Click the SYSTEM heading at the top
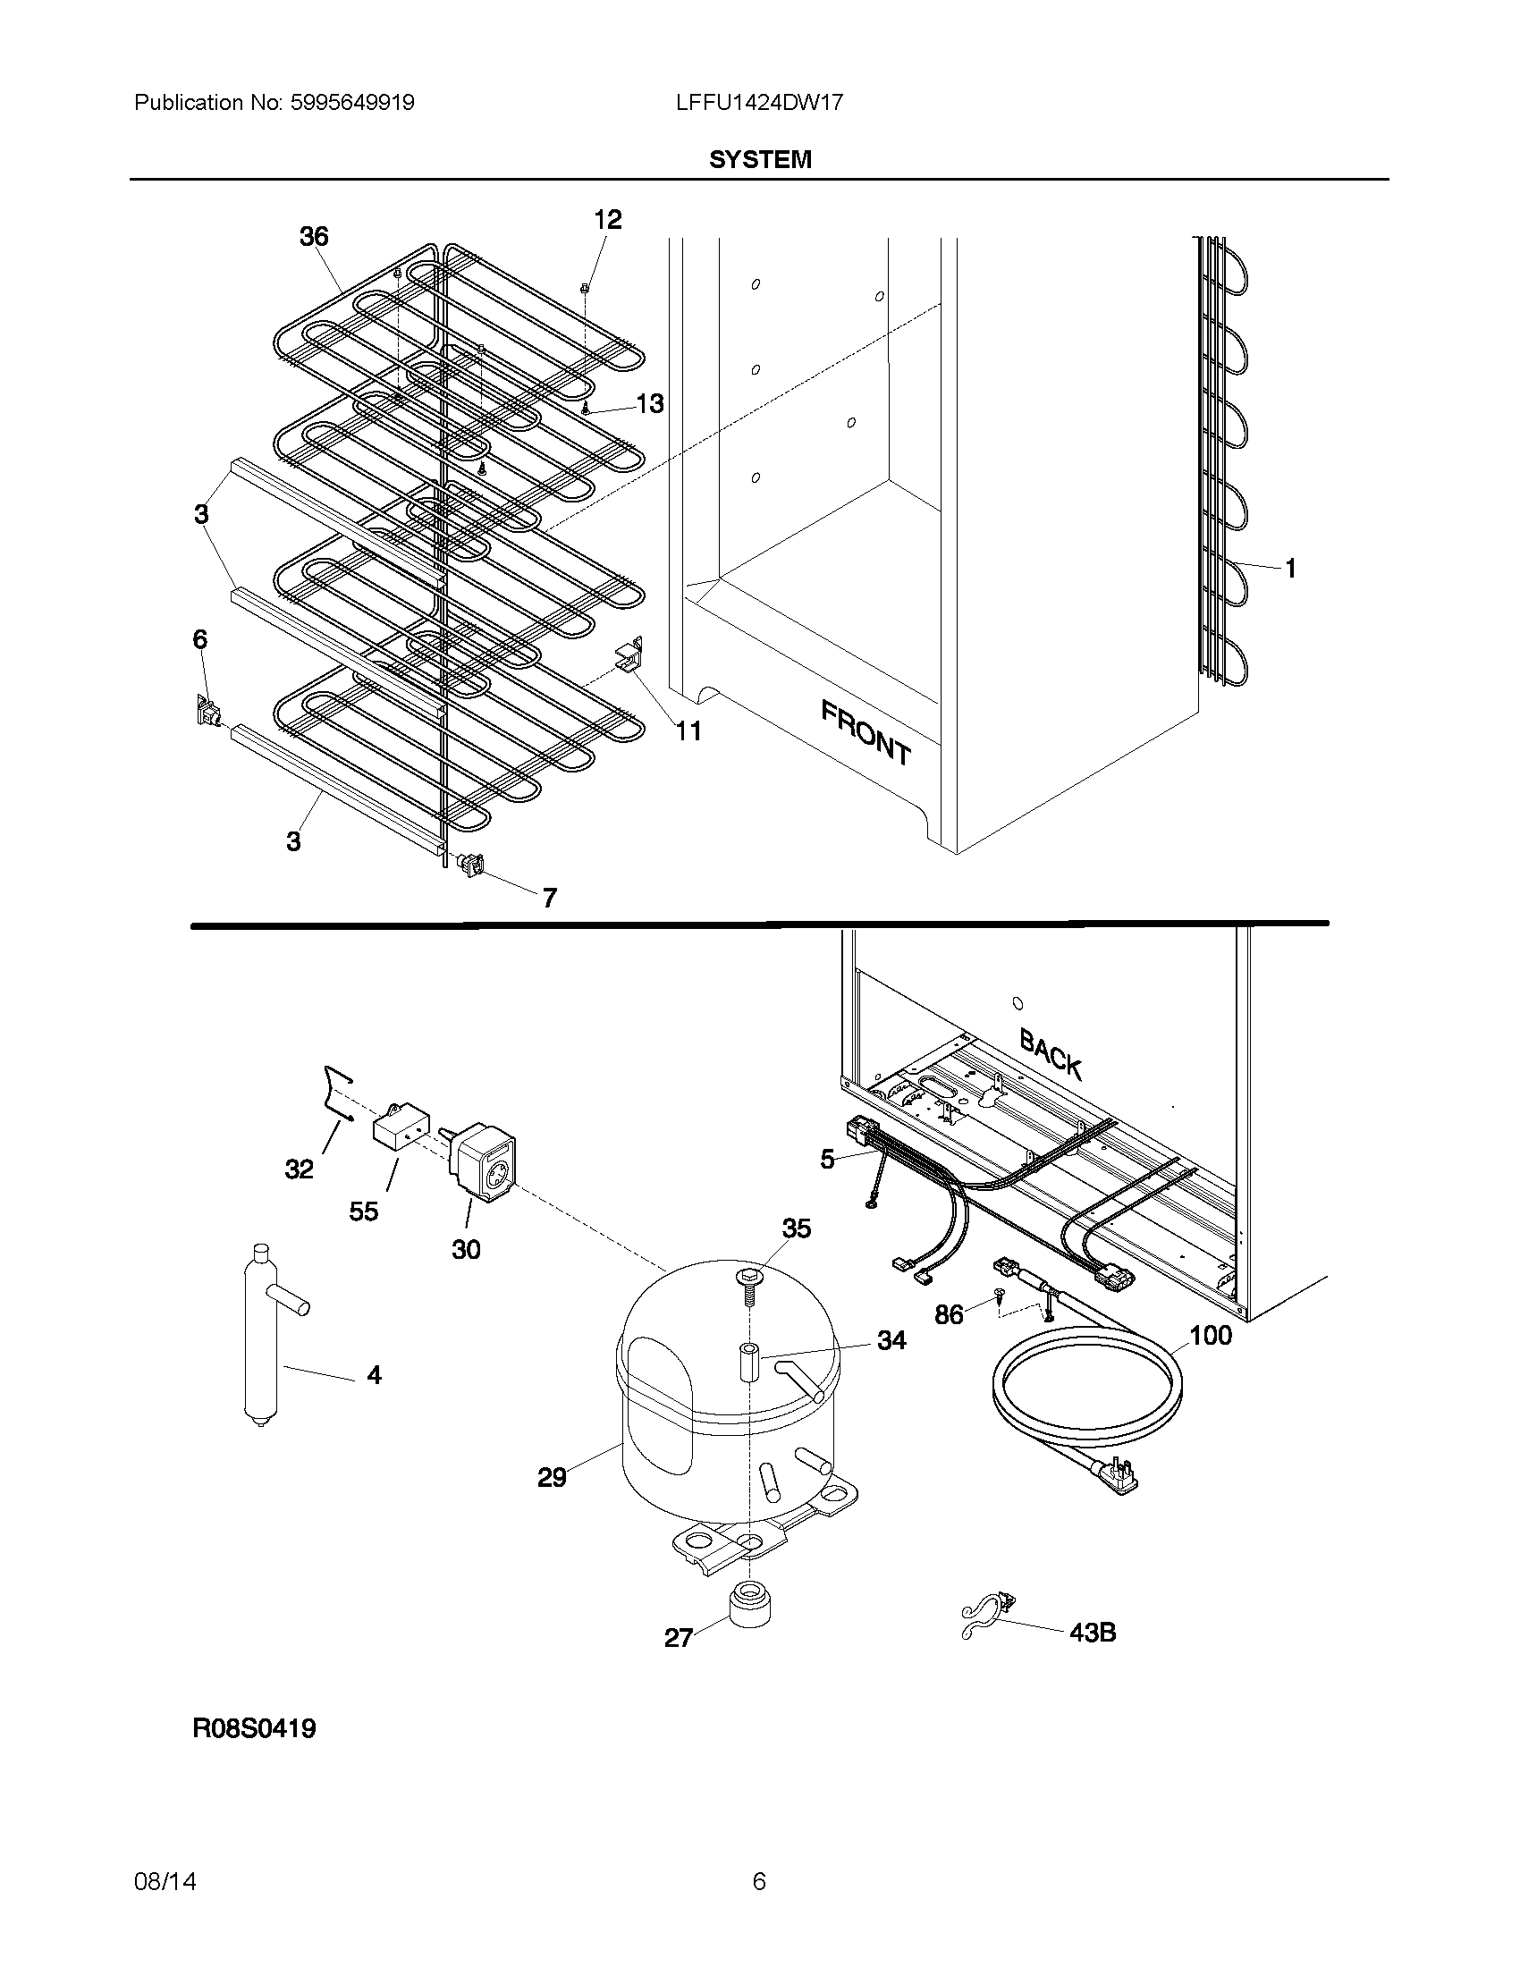[x=760, y=159]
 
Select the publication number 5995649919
[x=353, y=103]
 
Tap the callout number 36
[x=313, y=237]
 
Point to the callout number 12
[x=608, y=220]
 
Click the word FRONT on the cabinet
[x=866, y=732]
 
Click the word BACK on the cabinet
[x=1050, y=1053]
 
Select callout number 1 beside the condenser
[x=1289, y=569]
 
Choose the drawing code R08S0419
[x=254, y=1728]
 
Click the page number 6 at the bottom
[x=759, y=1881]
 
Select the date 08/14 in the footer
[x=165, y=1881]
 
